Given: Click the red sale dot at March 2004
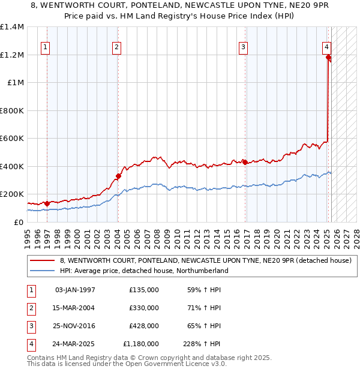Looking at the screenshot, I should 119,176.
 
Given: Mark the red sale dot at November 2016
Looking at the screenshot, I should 245,162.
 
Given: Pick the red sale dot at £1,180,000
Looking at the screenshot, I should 329,58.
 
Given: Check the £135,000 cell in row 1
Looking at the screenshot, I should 144,290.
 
